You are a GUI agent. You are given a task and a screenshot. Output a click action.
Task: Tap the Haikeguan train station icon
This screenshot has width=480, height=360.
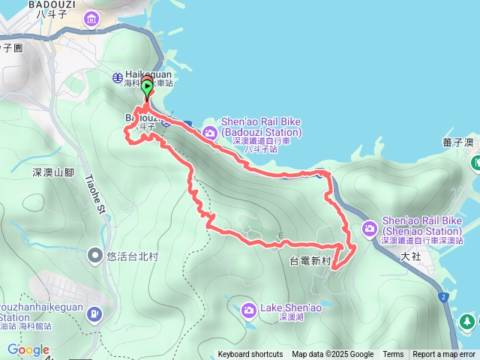point(118,77)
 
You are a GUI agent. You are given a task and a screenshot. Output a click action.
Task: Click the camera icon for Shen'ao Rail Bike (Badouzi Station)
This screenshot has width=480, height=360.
point(211,133)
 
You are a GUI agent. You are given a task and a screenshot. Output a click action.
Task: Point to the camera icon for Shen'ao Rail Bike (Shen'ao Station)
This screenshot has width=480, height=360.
point(370,227)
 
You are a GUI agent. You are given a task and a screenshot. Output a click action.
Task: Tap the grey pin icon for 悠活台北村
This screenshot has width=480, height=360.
point(95,256)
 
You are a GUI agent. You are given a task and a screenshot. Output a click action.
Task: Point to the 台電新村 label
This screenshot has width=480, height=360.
point(310,261)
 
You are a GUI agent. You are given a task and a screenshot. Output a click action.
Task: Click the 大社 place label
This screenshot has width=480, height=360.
point(410,256)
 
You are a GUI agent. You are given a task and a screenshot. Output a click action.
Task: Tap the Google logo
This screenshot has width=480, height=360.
point(28,350)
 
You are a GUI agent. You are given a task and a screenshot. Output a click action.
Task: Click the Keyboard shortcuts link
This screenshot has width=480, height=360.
point(250,355)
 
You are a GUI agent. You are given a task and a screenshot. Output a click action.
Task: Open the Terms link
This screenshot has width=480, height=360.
point(393,355)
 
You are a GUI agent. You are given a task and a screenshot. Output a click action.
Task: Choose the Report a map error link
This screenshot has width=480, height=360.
point(444,355)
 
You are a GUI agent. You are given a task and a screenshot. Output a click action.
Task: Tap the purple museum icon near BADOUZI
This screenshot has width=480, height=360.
point(91,19)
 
